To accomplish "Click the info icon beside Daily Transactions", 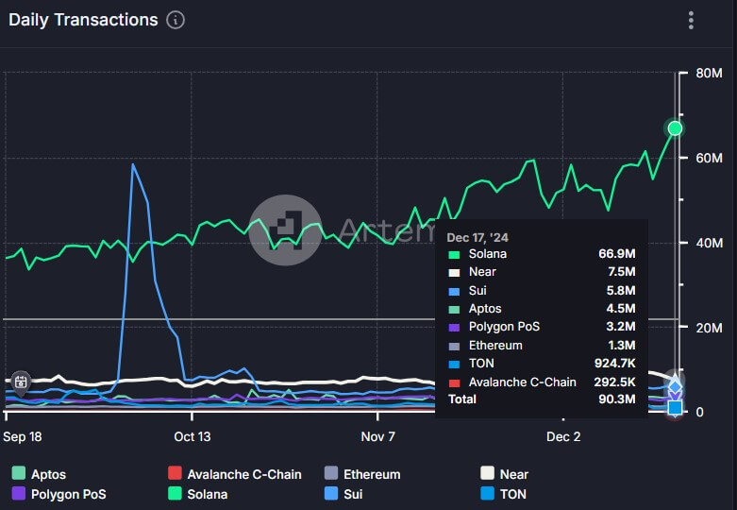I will click(x=176, y=20).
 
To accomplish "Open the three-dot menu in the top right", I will click(x=691, y=20).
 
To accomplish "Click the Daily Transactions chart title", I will click(x=83, y=20).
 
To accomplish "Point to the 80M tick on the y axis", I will click(x=709, y=74).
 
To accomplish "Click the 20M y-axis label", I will click(x=709, y=328).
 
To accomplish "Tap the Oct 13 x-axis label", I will click(x=192, y=436).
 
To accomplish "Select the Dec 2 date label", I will click(x=563, y=436).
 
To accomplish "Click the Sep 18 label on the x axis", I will click(x=22, y=436).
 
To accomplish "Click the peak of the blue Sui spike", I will click(x=133, y=164).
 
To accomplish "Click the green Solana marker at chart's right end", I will click(x=675, y=128).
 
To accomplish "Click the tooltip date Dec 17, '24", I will click(x=477, y=237).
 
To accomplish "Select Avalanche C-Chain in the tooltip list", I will click(x=522, y=382).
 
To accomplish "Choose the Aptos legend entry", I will click(x=47, y=474).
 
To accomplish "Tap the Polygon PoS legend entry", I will click(x=67, y=494).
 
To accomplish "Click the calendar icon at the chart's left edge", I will click(x=21, y=382).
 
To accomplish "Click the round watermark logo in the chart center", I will click(x=285, y=230).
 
